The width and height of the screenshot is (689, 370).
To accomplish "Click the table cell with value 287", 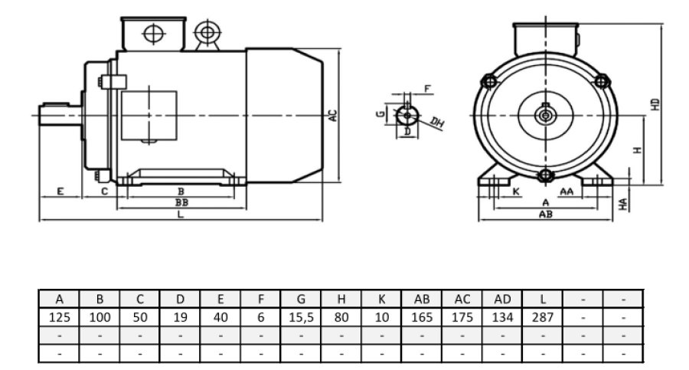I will tap(543, 316).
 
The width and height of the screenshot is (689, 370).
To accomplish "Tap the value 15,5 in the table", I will tap(301, 316).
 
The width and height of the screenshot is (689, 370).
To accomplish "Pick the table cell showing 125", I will tap(59, 316).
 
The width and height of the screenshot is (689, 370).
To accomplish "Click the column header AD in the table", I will tap(502, 299).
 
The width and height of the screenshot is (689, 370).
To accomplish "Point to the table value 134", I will tap(502, 316).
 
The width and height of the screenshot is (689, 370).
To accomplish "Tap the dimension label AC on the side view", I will tap(332, 116).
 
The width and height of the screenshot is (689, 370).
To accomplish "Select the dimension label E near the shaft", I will tap(60, 191).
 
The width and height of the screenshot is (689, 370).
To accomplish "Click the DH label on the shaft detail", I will tap(437, 123).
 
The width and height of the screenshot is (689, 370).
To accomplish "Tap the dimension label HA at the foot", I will tap(624, 203).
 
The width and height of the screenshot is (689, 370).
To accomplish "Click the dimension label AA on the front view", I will tap(567, 191).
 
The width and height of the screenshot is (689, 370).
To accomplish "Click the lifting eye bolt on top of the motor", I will tap(205, 32).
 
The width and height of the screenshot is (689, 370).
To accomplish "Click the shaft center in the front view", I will tap(544, 116).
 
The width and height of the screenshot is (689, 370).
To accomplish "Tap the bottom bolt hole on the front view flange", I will tap(544, 176).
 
